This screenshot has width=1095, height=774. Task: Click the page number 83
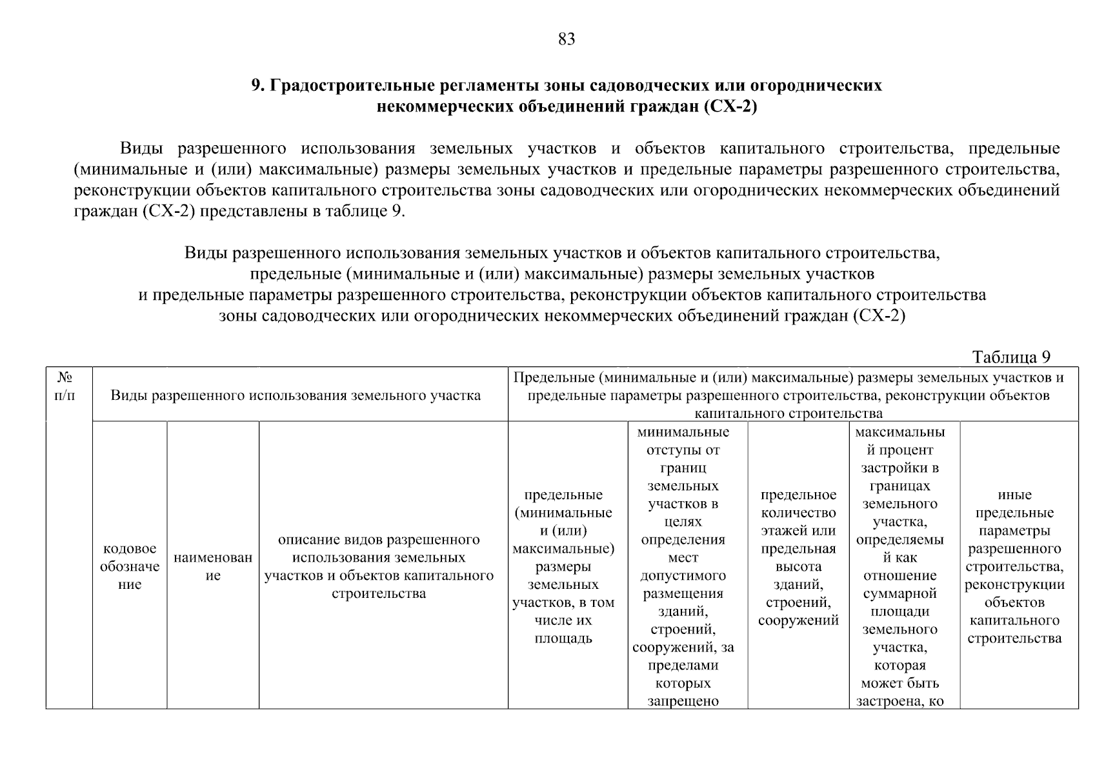point(566,39)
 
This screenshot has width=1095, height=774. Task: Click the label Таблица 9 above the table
point(1011,357)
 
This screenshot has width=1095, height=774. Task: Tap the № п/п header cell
point(65,386)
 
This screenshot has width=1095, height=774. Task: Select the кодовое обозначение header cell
point(130,566)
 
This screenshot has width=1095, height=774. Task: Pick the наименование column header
point(213,566)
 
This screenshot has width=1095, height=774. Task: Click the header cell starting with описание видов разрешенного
point(379,566)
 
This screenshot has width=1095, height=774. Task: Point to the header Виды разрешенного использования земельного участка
point(296,395)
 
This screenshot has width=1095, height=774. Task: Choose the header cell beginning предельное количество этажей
point(798,557)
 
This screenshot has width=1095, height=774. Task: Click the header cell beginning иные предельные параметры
point(1014,566)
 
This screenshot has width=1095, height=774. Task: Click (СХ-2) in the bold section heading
point(730,106)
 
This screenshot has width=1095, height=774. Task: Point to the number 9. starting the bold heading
point(257,86)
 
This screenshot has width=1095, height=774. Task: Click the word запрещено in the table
point(683,700)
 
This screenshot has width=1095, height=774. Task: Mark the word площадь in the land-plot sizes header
point(563,639)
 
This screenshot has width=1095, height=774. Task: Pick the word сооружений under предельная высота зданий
point(798,620)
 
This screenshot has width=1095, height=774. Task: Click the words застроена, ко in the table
point(899,700)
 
